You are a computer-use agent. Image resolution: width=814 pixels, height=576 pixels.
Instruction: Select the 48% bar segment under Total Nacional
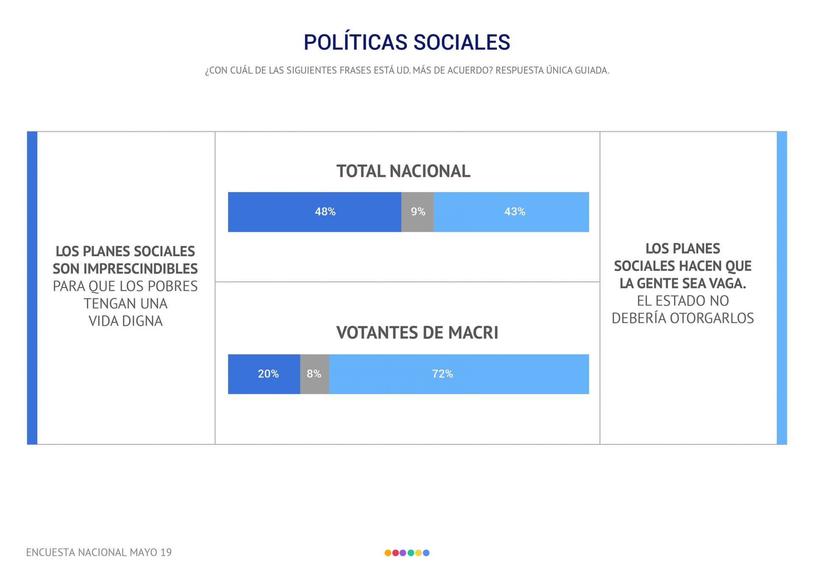pyautogui.click(x=315, y=212)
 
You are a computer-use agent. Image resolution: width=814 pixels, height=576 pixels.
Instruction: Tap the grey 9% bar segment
pyautogui.click(x=418, y=212)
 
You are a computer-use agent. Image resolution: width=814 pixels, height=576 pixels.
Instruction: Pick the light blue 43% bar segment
pyautogui.click(x=511, y=212)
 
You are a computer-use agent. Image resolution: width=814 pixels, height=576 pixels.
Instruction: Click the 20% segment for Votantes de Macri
pyautogui.click(x=264, y=374)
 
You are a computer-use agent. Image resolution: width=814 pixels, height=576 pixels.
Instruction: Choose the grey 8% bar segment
pyautogui.click(x=315, y=374)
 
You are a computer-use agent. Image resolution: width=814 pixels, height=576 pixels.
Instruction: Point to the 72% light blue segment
pyautogui.click(x=459, y=374)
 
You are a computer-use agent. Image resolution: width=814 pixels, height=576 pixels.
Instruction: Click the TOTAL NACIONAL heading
pyautogui.click(x=403, y=171)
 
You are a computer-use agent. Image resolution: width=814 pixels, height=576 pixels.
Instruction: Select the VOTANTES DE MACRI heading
pyautogui.click(x=417, y=333)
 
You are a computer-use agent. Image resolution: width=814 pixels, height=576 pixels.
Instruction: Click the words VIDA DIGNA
pyautogui.click(x=125, y=321)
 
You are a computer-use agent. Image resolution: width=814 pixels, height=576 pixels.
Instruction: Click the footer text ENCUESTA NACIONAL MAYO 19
pyautogui.click(x=99, y=552)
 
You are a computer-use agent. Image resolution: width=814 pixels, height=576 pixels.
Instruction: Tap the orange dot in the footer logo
pyautogui.click(x=387, y=553)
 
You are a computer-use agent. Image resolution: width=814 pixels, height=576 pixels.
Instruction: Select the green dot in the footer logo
pyautogui.click(x=410, y=553)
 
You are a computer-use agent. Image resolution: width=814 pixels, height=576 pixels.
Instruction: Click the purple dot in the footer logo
pyautogui.click(x=403, y=553)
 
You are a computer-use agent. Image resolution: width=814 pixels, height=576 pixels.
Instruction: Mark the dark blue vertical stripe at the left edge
pyautogui.click(x=32, y=288)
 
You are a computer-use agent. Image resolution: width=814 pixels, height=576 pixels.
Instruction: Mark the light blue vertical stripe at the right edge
pyautogui.click(x=782, y=288)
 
